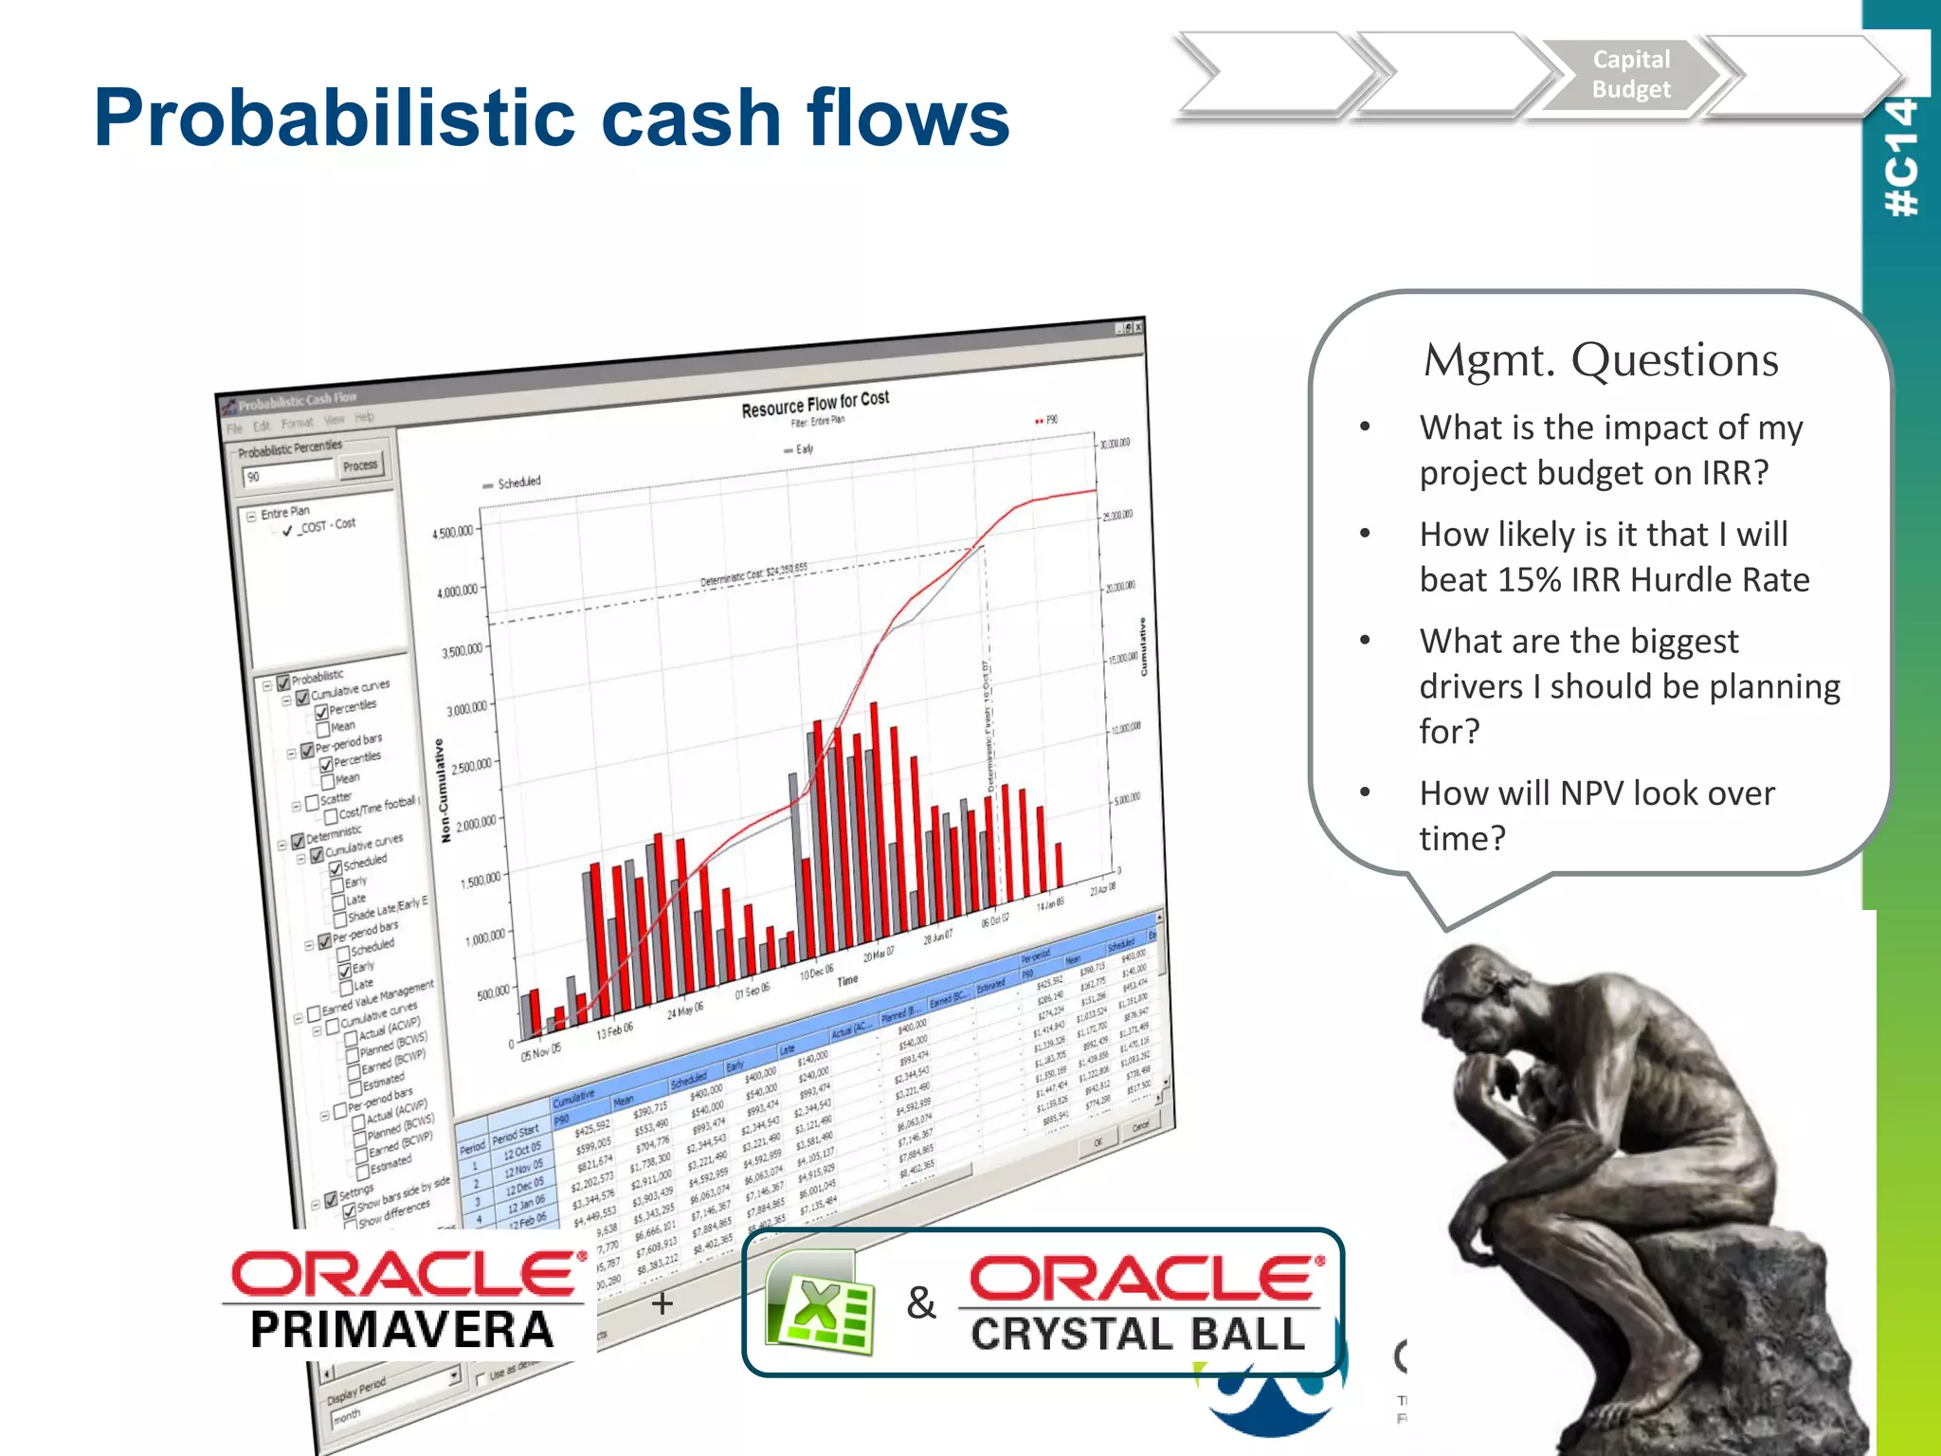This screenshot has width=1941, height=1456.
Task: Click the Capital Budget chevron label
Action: coord(1630,74)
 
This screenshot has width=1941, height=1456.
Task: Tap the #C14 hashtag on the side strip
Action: coord(1901,157)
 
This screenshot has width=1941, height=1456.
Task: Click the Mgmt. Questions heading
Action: coord(1600,360)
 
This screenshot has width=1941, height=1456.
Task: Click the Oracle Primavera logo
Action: coord(403,1299)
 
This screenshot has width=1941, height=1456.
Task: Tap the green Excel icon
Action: coord(820,1303)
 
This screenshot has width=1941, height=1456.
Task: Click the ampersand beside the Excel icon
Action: coord(920,1303)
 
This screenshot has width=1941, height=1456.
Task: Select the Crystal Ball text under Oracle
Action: coord(1137,1334)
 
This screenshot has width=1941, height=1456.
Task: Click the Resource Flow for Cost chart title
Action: coord(815,404)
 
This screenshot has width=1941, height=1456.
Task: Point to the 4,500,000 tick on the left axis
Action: coord(452,533)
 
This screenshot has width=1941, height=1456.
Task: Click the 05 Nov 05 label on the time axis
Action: coord(540,1051)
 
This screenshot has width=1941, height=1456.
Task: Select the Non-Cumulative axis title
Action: coord(443,791)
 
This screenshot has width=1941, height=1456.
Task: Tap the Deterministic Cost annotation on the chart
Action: coord(753,574)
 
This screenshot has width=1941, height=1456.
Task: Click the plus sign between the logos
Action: coord(662,1303)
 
